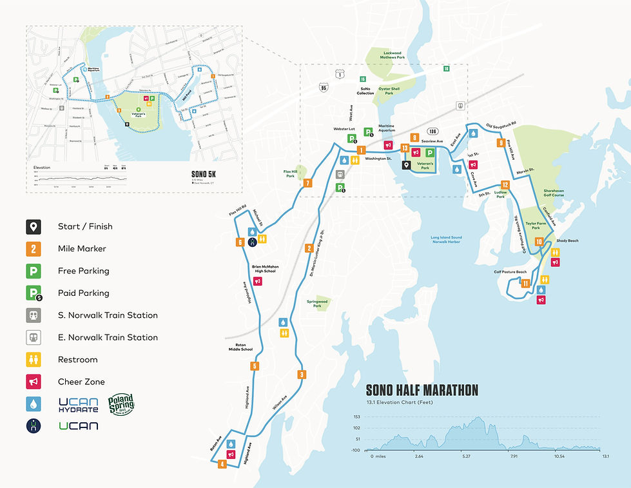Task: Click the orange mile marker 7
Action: point(308,183)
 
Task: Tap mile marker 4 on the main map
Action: point(222,464)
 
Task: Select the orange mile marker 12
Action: point(505,185)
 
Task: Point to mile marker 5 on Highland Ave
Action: point(255,366)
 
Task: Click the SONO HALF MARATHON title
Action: point(422,390)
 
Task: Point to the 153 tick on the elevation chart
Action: point(356,416)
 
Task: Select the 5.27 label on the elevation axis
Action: point(466,456)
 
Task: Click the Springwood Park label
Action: point(317,302)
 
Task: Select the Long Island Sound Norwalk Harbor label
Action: point(447,240)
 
